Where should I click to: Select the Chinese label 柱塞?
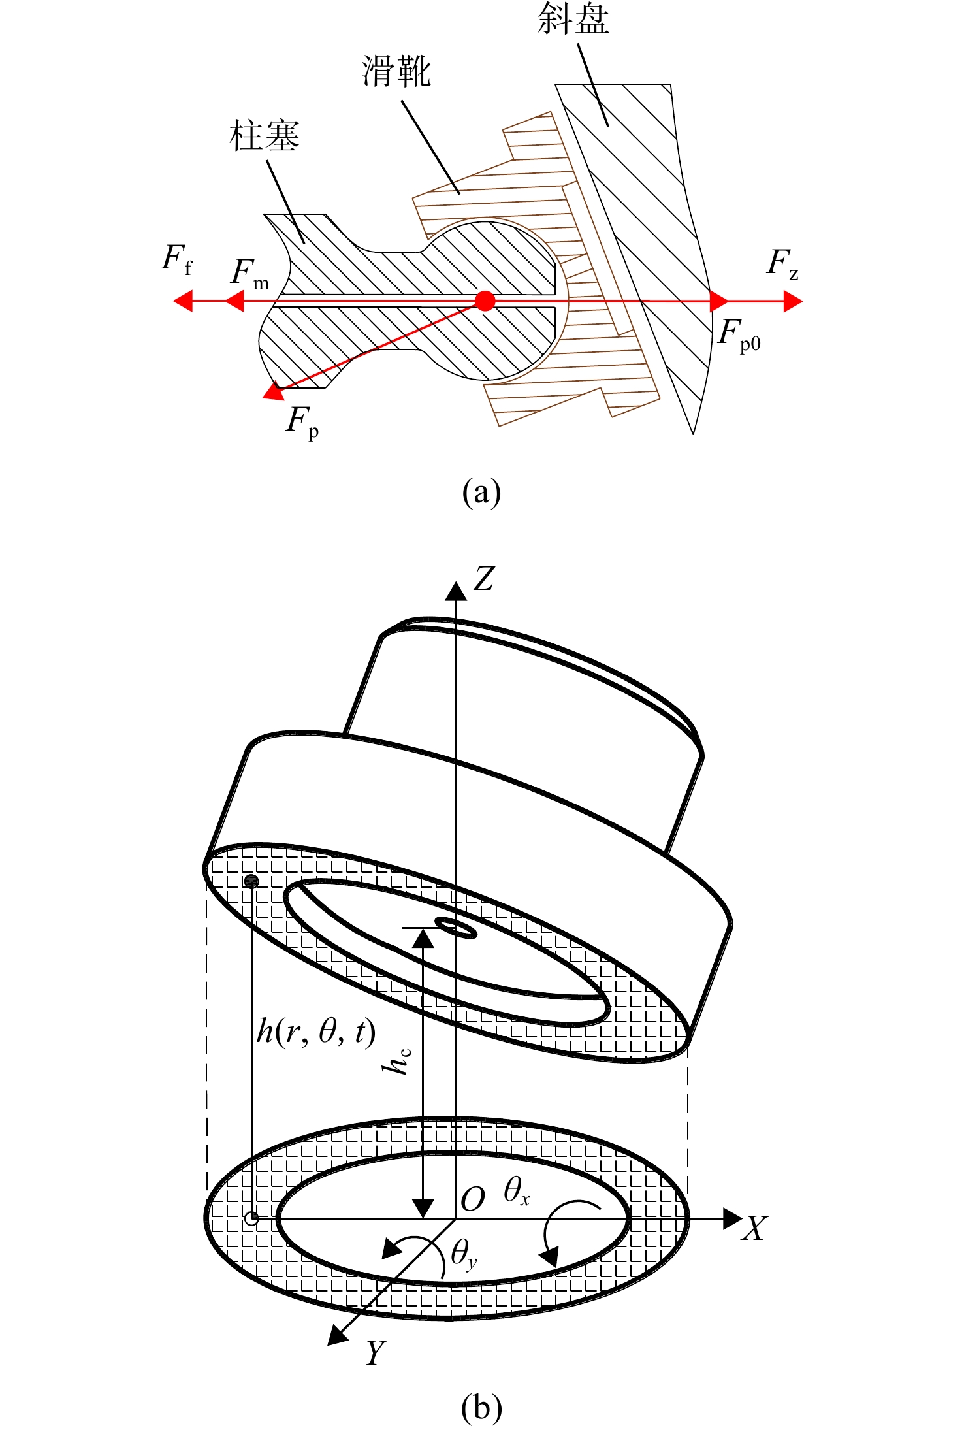coord(265,135)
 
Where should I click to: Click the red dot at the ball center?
coord(485,301)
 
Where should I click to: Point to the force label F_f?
coord(177,259)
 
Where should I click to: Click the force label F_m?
coord(249,274)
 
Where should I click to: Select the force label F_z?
coord(782,264)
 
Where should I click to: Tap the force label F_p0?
coord(739,336)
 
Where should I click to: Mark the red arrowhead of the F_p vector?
coord(272,391)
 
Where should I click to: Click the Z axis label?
coord(484,579)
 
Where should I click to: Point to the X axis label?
coord(754,1228)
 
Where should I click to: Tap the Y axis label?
coord(376,1352)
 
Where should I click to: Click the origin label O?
coord(473,1199)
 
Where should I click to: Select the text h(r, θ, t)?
coord(316,1032)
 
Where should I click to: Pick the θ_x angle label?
coord(517,1191)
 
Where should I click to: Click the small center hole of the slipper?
coord(456,927)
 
